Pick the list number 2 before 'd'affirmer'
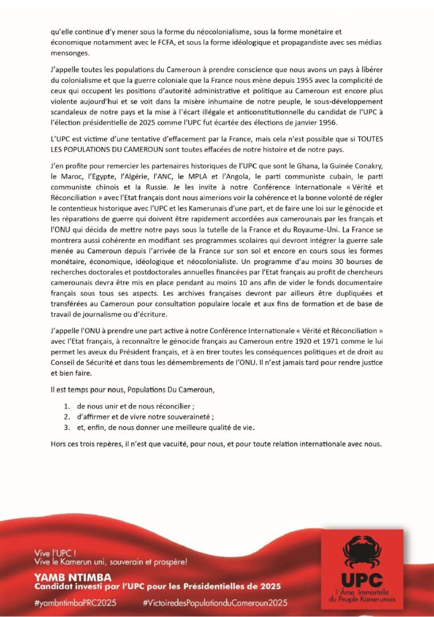tap(66, 417)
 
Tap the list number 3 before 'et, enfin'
tap(66, 427)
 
